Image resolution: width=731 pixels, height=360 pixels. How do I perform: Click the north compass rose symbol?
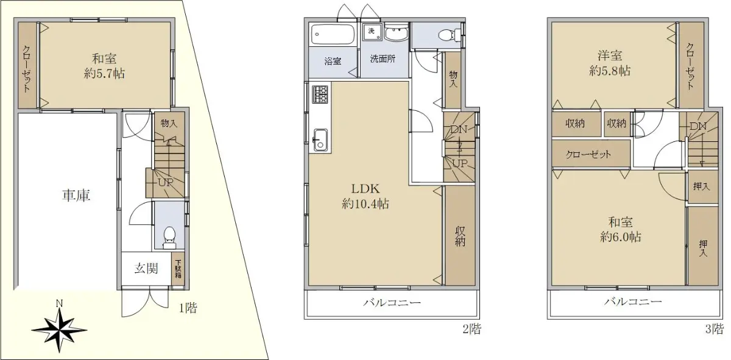pyautogui.click(x=59, y=330)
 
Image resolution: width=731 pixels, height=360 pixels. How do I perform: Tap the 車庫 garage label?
pyautogui.click(x=76, y=196)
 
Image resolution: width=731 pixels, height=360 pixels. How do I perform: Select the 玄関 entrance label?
pyautogui.click(x=146, y=268)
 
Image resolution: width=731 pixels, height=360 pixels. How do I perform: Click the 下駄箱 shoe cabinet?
pyautogui.click(x=178, y=269)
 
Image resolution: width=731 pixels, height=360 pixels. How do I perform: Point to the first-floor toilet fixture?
pyautogui.click(x=169, y=238)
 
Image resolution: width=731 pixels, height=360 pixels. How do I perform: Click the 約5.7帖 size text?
pyautogui.click(x=104, y=74)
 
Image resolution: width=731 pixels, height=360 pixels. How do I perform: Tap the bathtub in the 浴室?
pyautogui.click(x=333, y=34)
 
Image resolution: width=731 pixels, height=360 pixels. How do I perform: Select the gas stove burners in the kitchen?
pyautogui.click(x=320, y=94)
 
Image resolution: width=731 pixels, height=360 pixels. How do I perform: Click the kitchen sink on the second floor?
pyautogui.click(x=321, y=140)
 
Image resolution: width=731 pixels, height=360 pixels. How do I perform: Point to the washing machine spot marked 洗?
pyautogui.click(x=372, y=32)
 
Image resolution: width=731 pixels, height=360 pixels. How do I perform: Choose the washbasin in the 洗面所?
pyautogui.click(x=396, y=34)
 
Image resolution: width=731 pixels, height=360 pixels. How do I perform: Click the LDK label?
pyautogui.click(x=365, y=188)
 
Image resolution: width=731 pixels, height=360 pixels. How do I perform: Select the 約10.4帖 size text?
pyautogui.click(x=365, y=204)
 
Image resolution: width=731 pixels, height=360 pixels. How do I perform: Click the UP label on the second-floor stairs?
pyautogui.click(x=460, y=163)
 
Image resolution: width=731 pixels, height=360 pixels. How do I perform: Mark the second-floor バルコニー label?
pyautogui.click(x=392, y=303)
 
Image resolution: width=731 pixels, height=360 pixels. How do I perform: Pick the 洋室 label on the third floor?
pyautogui.click(x=610, y=56)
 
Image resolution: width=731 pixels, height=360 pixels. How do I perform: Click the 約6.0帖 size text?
pyautogui.click(x=620, y=237)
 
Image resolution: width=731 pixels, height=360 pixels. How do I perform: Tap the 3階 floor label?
pyautogui.click(x=714, y=329)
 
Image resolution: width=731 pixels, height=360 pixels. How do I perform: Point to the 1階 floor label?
pyautogui.click(x=188, y=308)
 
